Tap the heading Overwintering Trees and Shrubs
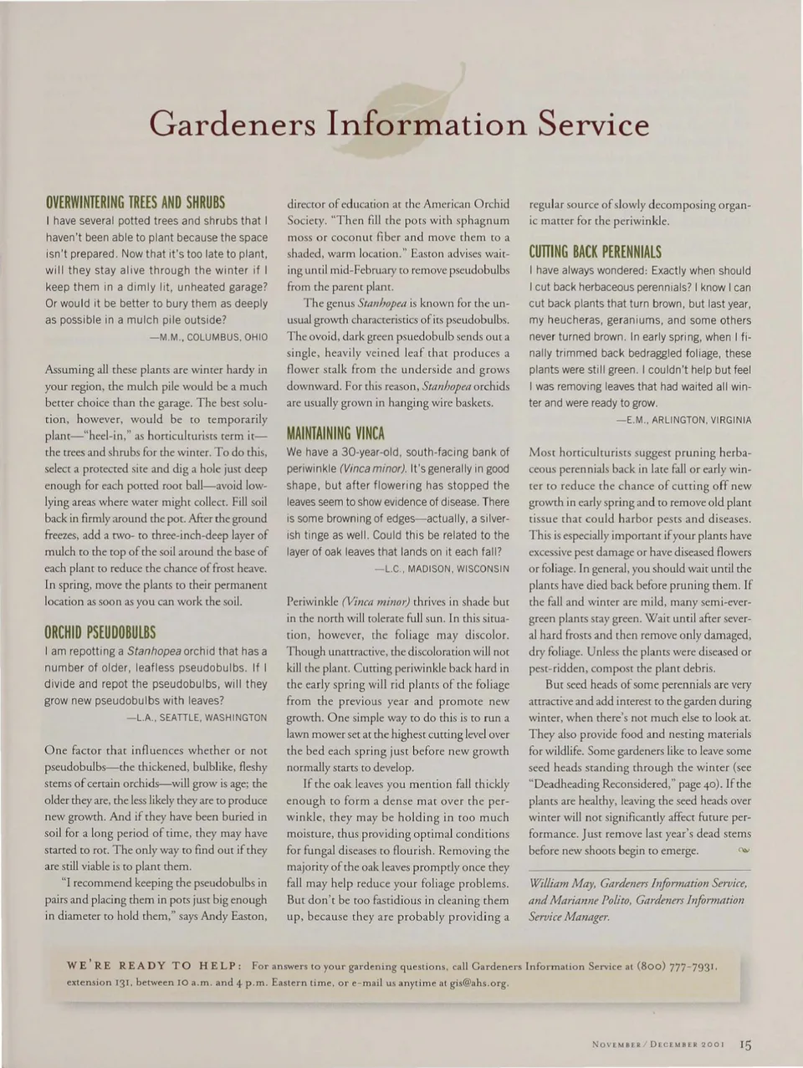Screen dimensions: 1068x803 (x=135, y=202)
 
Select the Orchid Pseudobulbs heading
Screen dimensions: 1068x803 (x=100, y=632)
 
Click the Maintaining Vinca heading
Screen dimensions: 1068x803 (x=335, y=433)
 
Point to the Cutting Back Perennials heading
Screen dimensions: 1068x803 (x=595, y=252)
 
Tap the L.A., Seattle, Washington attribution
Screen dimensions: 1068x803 (x=197, y=718)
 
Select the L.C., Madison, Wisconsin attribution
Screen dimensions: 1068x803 (x=441, y=569)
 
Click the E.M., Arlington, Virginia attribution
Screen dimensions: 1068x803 (x=683, y=420)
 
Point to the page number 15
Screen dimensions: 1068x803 (x=745, y=1045)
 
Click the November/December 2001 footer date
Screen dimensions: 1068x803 (x=657, y=1045)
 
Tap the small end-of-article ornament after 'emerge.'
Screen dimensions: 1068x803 (x=743, y=851)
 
